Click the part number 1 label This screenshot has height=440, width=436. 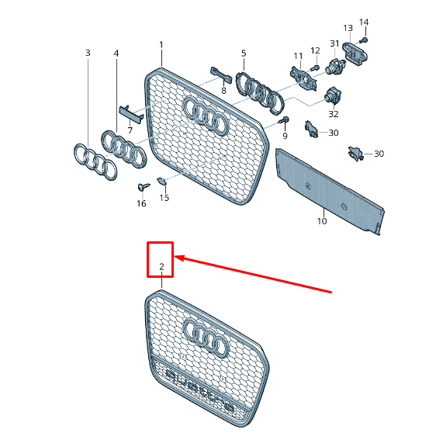161,44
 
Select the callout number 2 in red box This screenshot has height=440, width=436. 161,268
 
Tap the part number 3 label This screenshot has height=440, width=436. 88,53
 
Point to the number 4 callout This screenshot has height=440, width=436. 116,53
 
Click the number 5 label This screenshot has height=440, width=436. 243,53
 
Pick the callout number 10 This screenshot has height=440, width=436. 322,221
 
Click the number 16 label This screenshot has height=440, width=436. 141,203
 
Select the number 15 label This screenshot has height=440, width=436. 164,198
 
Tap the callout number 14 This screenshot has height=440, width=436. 364,22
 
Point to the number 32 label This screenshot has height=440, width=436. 334,114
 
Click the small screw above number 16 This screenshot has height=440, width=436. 143,187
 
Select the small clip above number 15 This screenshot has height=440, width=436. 161,182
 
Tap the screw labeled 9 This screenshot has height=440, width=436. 285,120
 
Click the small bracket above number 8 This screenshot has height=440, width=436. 220,76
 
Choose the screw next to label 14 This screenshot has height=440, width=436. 364,39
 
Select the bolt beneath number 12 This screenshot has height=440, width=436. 314,68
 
